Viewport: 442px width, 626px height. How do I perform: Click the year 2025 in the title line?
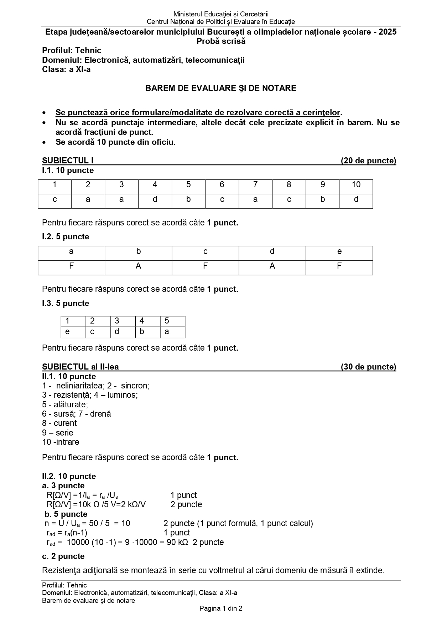coord(388,32)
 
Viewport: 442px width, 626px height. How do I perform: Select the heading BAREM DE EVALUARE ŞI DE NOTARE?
coord(220,88)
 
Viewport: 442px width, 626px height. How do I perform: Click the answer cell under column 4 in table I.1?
coord(155,199)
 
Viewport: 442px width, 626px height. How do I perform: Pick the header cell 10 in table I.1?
coord(356,184)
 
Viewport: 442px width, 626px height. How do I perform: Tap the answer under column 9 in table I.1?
coord(322,199)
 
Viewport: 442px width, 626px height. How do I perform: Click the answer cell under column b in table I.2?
coord(138,266)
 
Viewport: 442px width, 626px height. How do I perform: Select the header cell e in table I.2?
coord(339,251)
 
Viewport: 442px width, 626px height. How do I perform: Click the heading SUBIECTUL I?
coord(68,161)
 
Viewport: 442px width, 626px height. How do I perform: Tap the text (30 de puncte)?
coord(368,367)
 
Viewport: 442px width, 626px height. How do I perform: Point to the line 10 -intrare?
coord(61,442)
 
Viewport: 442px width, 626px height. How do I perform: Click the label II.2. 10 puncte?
coord(69,476)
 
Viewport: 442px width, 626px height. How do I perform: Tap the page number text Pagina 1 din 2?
coord(221,609)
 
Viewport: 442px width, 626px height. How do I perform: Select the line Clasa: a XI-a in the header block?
coord(66,70)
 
